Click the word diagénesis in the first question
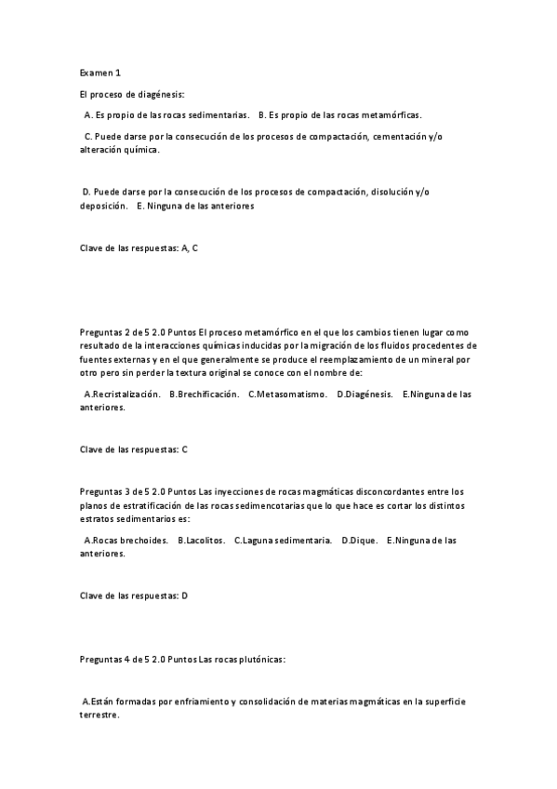(x=162, y=95)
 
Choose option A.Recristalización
(x=122, y=394)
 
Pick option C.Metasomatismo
(x=287, y=394)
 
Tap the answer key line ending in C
(x=134, y=449)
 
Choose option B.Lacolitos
(x=201, y=540)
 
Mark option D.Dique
(x=359, y=540)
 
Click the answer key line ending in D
(x=134, y=595)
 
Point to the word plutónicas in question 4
(x=259, y=659)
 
